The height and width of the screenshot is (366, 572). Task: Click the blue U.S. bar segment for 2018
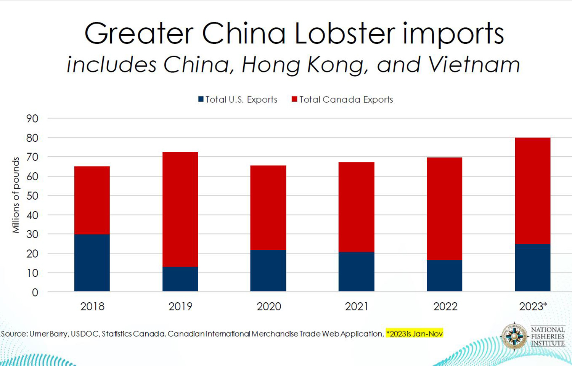92,263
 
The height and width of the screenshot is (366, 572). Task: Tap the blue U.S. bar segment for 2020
268,271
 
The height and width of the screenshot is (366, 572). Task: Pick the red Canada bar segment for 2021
356,207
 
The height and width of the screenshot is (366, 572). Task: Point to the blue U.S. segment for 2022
444,276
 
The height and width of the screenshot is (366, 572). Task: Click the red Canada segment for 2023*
532,191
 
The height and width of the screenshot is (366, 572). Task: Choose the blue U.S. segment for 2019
180,279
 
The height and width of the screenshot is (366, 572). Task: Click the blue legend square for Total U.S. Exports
201,100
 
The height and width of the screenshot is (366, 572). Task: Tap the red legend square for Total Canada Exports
294,100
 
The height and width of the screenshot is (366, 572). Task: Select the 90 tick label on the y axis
32,119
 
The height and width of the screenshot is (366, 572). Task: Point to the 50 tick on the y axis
32,196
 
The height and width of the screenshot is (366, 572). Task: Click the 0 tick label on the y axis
35,292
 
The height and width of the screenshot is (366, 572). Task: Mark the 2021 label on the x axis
357,307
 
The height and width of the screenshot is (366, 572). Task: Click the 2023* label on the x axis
533,307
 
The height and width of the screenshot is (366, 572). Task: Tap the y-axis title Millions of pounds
16,195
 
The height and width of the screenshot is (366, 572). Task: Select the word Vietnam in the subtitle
474,64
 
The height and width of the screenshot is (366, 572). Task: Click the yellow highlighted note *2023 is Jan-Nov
415,334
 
